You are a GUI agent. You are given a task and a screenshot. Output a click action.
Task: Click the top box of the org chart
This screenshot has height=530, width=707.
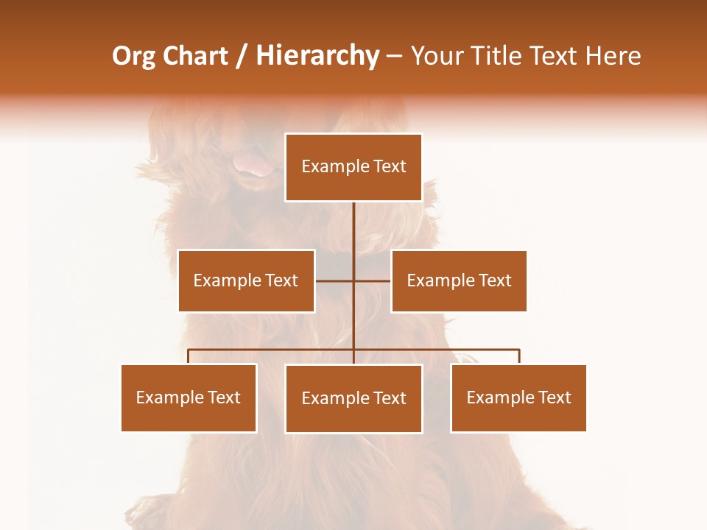[353, 167]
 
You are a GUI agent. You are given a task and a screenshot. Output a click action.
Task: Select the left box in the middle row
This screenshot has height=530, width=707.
[246, 280]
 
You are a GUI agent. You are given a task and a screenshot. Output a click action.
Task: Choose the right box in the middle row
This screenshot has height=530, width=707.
[459, 280]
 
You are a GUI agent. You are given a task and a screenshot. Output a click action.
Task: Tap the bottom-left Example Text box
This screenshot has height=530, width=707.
[189, 397]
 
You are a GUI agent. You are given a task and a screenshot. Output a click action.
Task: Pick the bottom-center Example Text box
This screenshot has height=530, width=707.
[353, 398]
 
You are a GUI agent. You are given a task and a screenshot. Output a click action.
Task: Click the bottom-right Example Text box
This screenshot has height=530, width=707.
[518, 397]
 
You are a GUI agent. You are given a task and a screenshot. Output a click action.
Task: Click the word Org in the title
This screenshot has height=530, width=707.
[133, 56]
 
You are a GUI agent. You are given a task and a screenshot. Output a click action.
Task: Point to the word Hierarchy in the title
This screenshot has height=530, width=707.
[317, 56]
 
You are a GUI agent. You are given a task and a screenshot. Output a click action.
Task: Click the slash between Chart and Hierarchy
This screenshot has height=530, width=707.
[242, 56]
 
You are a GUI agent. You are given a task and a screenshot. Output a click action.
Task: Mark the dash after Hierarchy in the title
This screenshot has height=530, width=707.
[394, 56]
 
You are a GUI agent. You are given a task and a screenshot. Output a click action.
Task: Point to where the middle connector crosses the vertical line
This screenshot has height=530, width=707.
[353, 280]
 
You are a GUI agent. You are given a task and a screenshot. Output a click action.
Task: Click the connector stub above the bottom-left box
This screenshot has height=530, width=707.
[189, 356]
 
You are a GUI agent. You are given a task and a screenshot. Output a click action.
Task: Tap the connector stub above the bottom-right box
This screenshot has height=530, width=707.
[519, 356]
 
